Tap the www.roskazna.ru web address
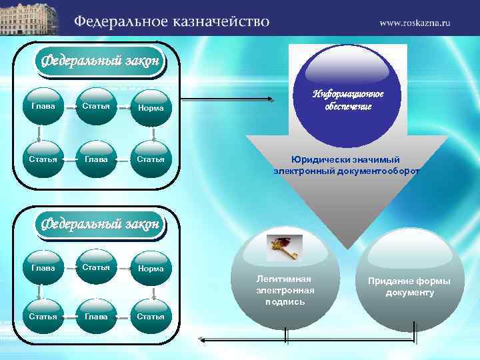[415, 23]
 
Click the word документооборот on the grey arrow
[383, 171]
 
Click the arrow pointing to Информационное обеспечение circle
[227, 101]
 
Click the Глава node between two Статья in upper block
[97, 159]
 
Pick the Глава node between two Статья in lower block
[97, 316]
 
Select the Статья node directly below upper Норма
[151, 159]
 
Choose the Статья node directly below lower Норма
[151, 316]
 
